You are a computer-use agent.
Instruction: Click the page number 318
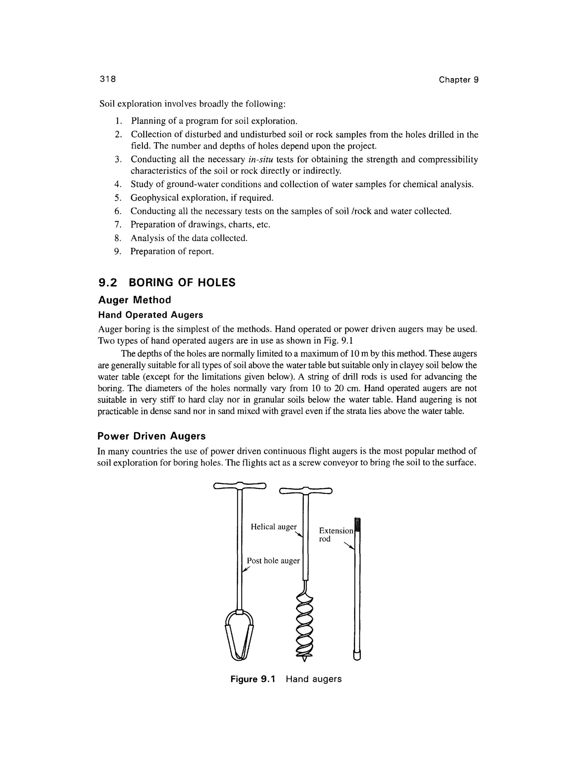[x=108, y=79]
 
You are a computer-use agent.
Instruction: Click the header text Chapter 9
[x=458, y=80]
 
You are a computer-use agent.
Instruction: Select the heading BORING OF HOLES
[x=182, y=283]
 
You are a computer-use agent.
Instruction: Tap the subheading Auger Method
[x=135, y=300]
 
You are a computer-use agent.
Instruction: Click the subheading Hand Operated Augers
[x=150, y=315]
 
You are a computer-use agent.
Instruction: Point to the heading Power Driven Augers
[x=151, y=436]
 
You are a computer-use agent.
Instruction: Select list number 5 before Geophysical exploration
[x=117, y=198]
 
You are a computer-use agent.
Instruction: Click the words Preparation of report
[x=172, y=251]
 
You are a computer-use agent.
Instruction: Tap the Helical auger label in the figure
[x=274, y=527]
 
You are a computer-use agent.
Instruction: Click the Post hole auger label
[x=273, y=561]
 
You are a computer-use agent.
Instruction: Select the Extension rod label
[x=335, y=535]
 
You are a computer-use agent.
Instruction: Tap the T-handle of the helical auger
[x=306, y=490]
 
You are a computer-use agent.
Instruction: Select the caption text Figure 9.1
[x=252, y=679]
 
